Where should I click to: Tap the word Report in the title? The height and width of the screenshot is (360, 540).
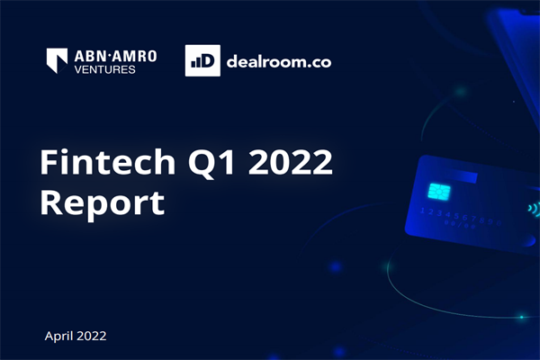[102, 202]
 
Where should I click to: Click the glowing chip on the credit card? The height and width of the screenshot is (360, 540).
[441, 192]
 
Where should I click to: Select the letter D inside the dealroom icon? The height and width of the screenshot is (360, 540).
[203, 61]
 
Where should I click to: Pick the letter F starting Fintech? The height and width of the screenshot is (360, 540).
[49, 165]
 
